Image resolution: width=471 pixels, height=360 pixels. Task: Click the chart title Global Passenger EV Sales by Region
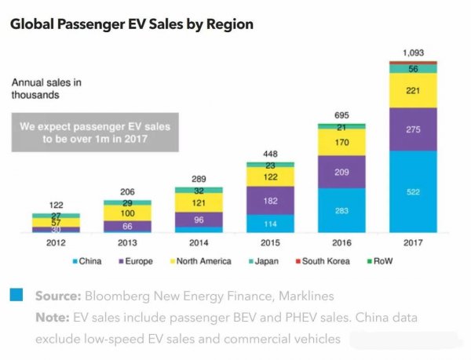click(x=131, y=24)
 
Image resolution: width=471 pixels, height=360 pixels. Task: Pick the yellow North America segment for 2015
click(x=269, y=177)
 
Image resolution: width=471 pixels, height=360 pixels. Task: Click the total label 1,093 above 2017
click(x=414, y=53)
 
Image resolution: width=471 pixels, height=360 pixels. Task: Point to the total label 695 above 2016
click(x=341, y=116)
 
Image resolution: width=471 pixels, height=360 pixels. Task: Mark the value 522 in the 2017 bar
click(x=414, y=191)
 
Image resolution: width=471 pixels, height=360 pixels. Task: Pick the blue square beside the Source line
click(x=16, y=295)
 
